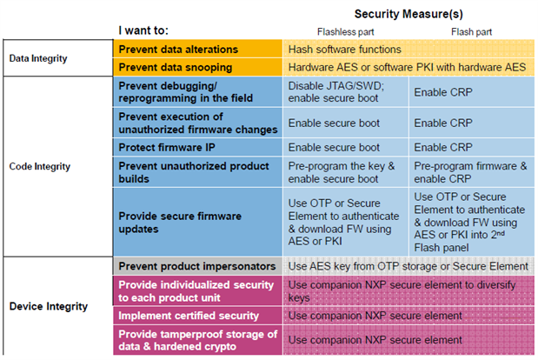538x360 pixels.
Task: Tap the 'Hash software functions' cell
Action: [344, 50]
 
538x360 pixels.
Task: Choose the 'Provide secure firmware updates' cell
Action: [180, 222]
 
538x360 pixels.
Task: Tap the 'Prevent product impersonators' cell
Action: [196, 265]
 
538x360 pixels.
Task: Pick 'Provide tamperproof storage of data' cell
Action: [197, 340]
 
